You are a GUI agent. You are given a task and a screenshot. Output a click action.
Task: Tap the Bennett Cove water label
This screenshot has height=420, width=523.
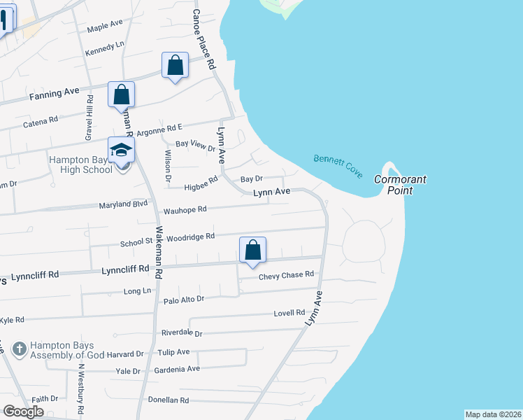pyautogui.click(x=338, y=166)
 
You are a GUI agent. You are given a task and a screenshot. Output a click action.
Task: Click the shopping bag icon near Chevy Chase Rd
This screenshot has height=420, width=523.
pyautogui.click(x=253, y=250)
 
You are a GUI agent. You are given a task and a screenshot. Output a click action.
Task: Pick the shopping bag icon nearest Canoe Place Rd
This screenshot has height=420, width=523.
pyautogui.click(x=175, y=66)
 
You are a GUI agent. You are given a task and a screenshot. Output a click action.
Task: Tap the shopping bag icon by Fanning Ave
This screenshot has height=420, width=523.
pyautogui.click(x=121, y=94)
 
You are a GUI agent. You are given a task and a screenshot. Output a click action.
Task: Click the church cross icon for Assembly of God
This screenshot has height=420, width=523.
pyautogui.click(x=20, y=348)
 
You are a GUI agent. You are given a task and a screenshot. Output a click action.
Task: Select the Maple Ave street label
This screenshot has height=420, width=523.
pyautogui.click(x=105, y=27)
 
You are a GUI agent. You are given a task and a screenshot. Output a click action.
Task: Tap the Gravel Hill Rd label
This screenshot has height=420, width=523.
pyautogui.click(x=89, y=118)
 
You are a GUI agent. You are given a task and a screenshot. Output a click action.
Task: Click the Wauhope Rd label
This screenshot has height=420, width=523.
pyautogui.click(x=185, y=209)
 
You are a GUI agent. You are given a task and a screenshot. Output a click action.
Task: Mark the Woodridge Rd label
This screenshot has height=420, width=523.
pyautogui.click(x=190, y=237)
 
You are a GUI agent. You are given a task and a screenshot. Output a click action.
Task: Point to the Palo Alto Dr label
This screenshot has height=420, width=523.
pyautogui.click(x=183, y=299)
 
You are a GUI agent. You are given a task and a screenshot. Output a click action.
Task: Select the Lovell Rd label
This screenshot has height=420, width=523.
pyautogui.click(x=290, y=312)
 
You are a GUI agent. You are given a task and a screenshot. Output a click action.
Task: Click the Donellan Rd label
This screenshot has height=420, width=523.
pyautogui.click(x=169, y=400)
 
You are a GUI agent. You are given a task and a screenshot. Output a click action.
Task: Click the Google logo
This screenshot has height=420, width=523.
pyautogui.click(x=23, y=412)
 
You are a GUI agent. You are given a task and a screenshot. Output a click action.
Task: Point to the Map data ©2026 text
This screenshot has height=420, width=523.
pyautogui.click(x=493, y=414)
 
